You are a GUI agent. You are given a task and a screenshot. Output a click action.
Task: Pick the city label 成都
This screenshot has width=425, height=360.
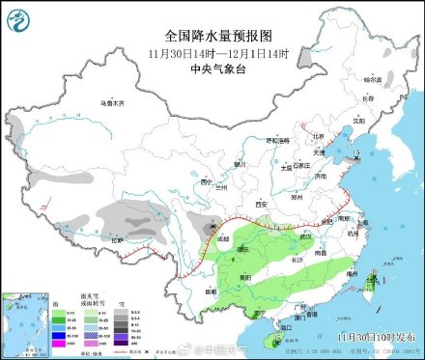pyautogui.click(x=223, y=236)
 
